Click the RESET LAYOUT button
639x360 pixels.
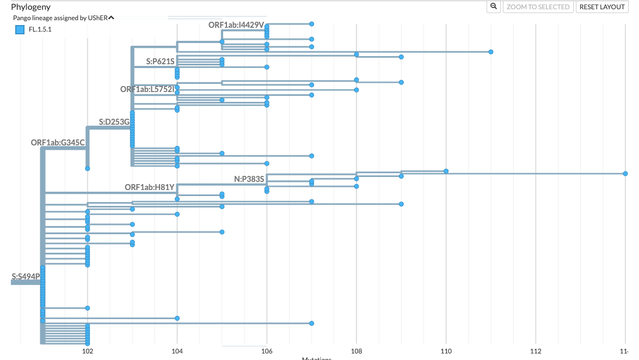click(602, 7)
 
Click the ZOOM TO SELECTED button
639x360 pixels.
click(538, 7)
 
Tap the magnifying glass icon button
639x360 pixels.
click(494, 7)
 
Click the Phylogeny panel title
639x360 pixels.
click(30, 7)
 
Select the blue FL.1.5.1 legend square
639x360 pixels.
click(20, 29)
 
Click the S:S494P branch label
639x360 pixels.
click(26, 277)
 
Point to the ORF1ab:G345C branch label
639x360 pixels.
click(58, 143)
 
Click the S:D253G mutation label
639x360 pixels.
click(114, 122)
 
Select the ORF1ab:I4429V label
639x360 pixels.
click(236, 25)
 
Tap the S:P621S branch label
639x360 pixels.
click(160, 62)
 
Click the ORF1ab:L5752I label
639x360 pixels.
click(147, 89)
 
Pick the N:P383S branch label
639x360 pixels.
click(249, 179)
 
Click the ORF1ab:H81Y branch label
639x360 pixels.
click(149, 187)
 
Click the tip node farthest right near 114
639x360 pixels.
click(625, 174)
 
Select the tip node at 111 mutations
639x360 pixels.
click(491, 52)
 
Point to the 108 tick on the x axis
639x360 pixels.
click(356, 351)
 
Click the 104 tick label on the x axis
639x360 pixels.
click(177, 351)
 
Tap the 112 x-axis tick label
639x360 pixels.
click(536, 351)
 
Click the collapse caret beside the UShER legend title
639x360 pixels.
click(111, 17)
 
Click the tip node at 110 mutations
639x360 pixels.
click(446, 171)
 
